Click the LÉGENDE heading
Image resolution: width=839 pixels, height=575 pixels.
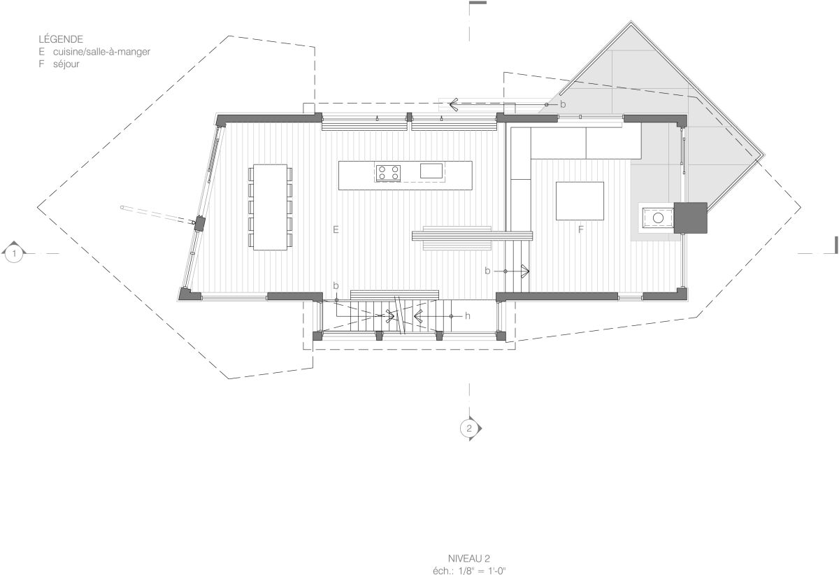[x=61, y=39]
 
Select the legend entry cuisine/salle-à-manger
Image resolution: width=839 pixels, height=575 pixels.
[x=101, y=52]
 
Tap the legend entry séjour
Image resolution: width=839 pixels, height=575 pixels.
[x=66, y=64]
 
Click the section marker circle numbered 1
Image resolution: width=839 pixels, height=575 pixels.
[x=14, y=254]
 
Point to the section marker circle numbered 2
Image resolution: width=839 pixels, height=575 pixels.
[x=469, y=428]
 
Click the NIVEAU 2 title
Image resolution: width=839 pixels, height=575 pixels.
[x=469, y=559]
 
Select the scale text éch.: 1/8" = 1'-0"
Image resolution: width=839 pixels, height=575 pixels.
[x=469, y=571]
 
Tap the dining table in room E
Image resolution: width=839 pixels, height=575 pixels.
[x=270, y=207]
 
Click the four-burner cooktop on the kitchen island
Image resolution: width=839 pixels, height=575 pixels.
[x=389, y=173]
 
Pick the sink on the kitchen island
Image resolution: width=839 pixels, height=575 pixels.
[x=431, y=171]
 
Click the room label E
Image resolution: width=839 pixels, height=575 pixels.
[x=336, y=229]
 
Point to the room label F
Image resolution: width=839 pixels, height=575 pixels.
[x=581, y=229]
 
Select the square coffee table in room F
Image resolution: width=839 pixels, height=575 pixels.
[x=580, y=201]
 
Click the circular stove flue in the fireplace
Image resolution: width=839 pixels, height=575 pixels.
[x=658, y=218]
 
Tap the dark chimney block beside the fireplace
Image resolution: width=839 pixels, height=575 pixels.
[x=690, y=218]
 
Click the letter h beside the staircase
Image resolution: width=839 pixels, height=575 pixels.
[x=468, y=316]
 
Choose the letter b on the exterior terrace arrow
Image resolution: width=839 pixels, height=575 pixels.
[x=563, y=105]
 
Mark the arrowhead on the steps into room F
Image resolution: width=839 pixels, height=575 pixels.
[x=526, y=271]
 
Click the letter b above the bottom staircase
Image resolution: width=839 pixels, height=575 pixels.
[x=336, y=285]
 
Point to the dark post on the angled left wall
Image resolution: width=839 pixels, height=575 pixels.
[x=201, y=222]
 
